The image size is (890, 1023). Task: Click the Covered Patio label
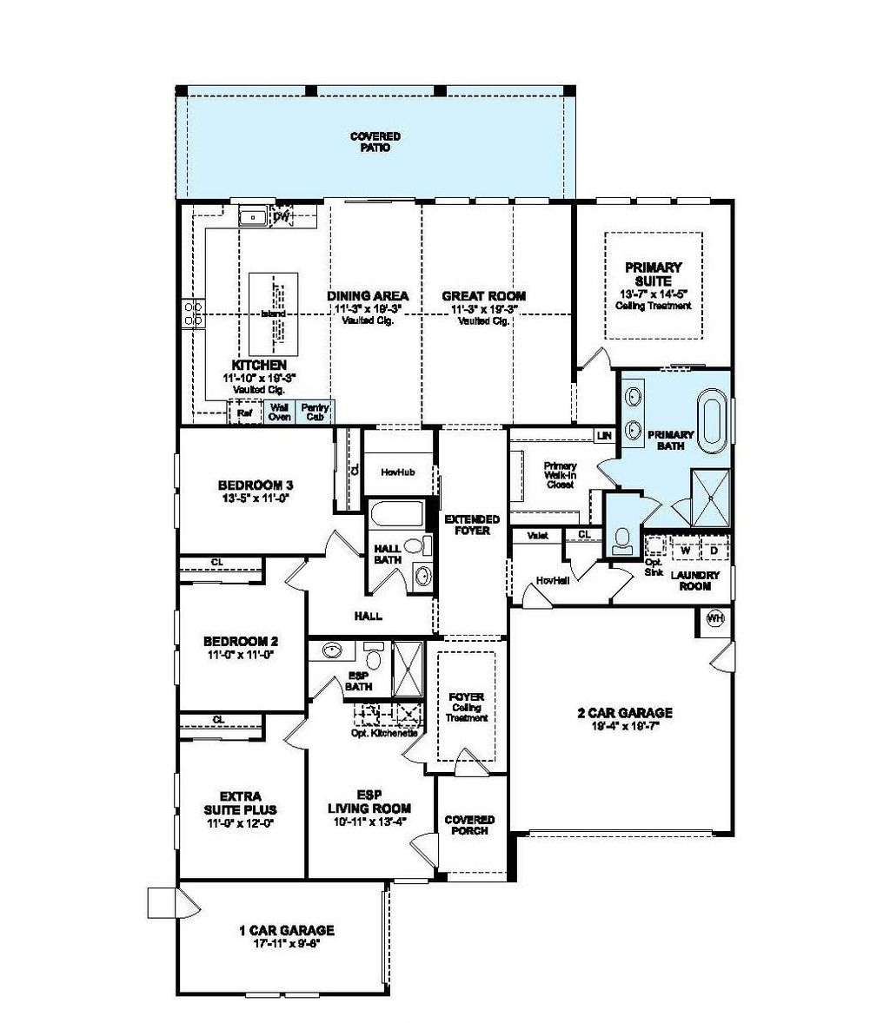pos(375,142)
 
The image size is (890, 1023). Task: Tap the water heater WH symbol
pos(714,618)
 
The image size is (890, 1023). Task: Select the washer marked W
pos(685,551)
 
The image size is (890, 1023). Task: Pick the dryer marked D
pos(714,551)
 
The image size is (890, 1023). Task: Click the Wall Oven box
pos(279,412)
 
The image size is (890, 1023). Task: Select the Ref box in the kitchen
pos(244,414)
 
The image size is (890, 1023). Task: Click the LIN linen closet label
pos(603,435)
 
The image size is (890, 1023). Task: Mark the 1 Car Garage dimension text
pos(286,943)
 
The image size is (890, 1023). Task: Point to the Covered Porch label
pos(469,825)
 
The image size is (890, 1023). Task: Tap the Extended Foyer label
pos(472,525)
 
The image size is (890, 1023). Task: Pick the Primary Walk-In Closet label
pos(561,475)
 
